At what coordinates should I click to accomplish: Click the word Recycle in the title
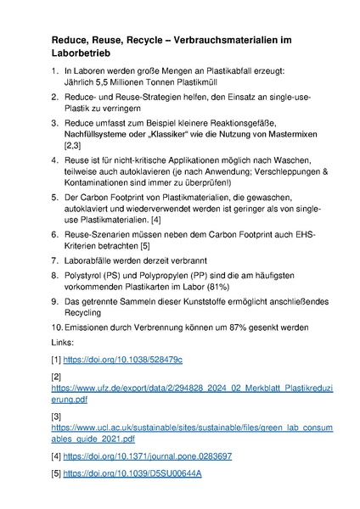pos(138,40)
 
